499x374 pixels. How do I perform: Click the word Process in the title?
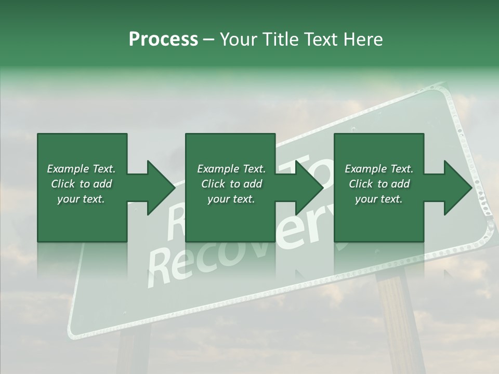tap(163, 39)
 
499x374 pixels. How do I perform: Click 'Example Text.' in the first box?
tap(81, 169)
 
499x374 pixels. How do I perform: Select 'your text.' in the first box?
tap(81, 199)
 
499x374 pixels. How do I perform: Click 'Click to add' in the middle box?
tap(231, 184)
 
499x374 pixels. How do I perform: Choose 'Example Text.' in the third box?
tap(379, 169)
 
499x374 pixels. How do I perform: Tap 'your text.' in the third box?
tap(379, 199)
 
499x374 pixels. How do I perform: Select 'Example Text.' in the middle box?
tap(231, 169)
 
